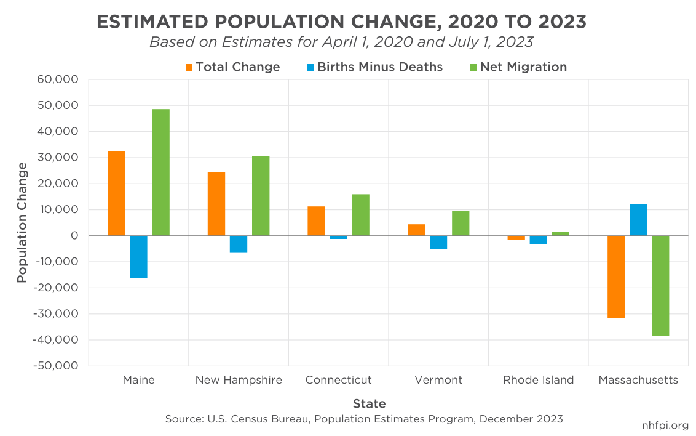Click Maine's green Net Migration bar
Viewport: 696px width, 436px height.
pos(160,172)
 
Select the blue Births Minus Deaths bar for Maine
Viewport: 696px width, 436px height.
pos(138,257)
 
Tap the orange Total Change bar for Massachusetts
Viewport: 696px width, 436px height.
pos(616,277)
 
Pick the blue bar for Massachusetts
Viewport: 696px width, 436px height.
pos(638,220)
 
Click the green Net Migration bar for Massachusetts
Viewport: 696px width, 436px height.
pos(660,286)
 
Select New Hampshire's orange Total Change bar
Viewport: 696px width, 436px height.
pos(216,204)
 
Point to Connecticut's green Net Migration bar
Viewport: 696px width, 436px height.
pos(361,215)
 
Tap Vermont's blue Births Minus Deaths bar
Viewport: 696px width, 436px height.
pos(438,243)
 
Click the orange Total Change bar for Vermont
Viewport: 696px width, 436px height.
pos(416,230)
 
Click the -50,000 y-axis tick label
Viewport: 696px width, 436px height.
pos(57,366)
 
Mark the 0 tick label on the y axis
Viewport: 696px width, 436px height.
pos(74,236)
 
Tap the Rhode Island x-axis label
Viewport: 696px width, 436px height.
pos(538,380)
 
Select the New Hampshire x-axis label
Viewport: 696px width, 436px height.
pos(239,380)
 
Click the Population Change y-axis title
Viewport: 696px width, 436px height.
pos(22,222)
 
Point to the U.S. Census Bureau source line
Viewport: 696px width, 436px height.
pos(364,419)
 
